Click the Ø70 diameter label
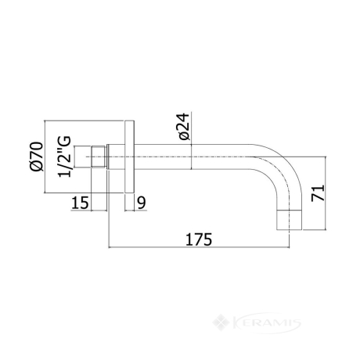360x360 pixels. (x=36, y=157)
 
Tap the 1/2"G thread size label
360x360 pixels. (x=64, y=157)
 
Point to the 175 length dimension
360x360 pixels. (x=199, y=239)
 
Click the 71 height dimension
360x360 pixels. (x=318, y=193)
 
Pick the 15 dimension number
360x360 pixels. (x=80, y=203)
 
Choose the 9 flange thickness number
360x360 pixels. (x=142, y=203)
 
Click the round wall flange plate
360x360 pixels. (x=129, y=157)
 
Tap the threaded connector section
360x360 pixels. (x=99, y=157)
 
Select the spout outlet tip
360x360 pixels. (x=289, y=220)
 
